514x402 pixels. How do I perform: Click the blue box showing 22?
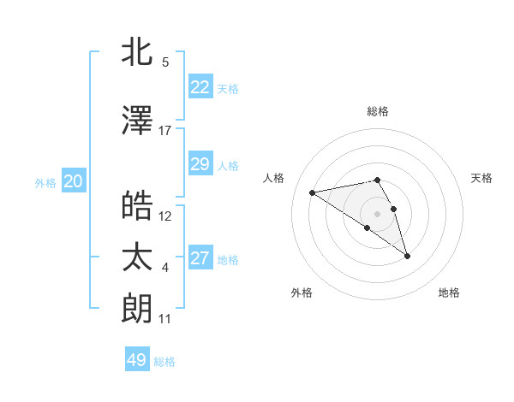click(x=200, y=87)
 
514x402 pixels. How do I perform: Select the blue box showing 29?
click(x=200, y=164)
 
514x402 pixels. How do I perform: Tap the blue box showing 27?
click(x=200, y=258)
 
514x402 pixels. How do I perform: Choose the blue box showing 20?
click(x=73, y=181)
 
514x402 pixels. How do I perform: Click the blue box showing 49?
click(x=136, y=360)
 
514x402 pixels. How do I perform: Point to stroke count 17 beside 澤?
click(x=165, y=131)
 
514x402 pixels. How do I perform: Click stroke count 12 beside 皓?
click(x=165, y=216)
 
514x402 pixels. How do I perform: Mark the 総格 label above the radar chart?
click(x=378, y=111)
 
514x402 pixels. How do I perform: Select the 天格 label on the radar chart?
click(x=481, y=178)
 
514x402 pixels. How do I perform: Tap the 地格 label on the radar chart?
click(x=449, y=293)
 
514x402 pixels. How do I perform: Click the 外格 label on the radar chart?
click(x=302, y=293)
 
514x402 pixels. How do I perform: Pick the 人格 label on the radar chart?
click(x=274, y=178)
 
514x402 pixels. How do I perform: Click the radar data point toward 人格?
click(x=313, y=192)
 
